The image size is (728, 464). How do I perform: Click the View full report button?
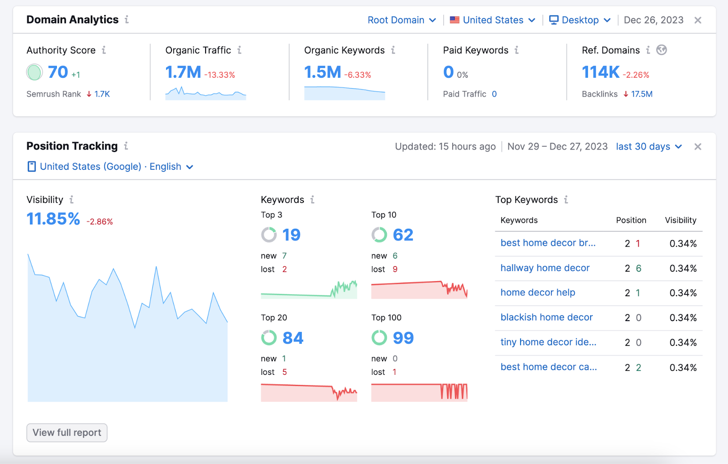tap(67, 433)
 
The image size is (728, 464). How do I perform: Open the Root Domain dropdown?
tap(402, 20)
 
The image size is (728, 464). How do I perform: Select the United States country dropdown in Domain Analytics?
tap(492, 20)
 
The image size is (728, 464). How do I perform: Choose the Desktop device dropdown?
tap(580, 20)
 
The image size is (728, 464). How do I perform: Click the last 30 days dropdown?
tap(649, 146)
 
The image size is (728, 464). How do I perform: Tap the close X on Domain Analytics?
tap(698, 20)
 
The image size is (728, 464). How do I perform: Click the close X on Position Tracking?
tap(698, 146)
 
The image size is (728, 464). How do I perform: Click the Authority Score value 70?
tap(58, 72)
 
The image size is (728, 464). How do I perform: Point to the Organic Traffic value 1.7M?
tap(183, 72)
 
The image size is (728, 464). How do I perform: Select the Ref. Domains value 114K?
tap(601, 72)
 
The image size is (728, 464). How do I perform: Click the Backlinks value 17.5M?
tap(642, 94)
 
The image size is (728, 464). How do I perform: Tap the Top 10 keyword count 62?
tap(403, 235)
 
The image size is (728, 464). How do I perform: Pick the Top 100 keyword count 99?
tap(403, 338)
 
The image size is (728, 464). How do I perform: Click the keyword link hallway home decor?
tap(545, 268)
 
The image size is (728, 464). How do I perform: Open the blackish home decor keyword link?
tap(546, 317)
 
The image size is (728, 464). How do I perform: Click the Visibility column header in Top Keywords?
tap(680, 220)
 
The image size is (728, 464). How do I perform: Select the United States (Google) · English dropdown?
tap(111, 166)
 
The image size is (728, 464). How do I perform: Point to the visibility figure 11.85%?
tap(53, 219)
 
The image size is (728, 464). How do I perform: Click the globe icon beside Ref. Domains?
tap(662, 50)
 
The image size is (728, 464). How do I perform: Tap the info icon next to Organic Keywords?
tap(393, 50)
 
